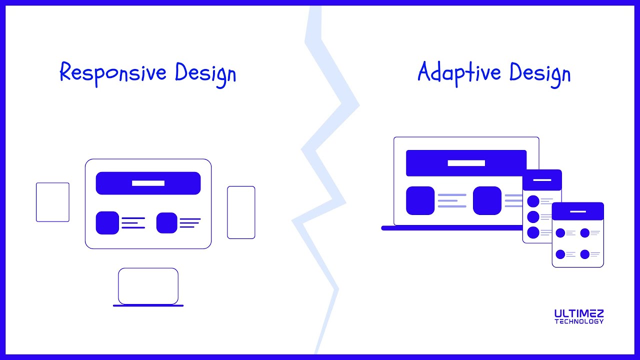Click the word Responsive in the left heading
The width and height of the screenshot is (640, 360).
pos(113,73)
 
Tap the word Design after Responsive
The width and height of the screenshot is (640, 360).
pos(205,74)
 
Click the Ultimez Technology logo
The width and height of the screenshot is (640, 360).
pos(579,316)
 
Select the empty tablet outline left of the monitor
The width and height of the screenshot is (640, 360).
pos(52,202)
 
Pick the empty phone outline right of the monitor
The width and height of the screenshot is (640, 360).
pos(241,212)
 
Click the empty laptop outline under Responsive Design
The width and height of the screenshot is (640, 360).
pos(148,286)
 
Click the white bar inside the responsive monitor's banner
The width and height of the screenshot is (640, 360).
pos(148,183)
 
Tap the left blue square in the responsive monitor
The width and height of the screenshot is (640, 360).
pos(107,223)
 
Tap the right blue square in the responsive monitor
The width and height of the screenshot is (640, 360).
pos(167,223)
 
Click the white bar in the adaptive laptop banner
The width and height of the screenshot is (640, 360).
pos(466,163)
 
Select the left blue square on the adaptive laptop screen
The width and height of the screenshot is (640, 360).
pos(420,200)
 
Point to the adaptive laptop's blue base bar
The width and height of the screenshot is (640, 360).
pos(450,228)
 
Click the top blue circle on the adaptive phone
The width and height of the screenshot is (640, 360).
pos(533,201)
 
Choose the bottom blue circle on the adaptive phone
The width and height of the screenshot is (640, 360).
pos(533,232)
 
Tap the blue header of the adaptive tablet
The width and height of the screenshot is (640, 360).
pos(577,211)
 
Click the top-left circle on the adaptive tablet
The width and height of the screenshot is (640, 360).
pos(560,233)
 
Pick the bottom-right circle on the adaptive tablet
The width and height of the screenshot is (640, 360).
pos(585,254)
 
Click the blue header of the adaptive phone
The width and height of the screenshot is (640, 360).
pos(542,179)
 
